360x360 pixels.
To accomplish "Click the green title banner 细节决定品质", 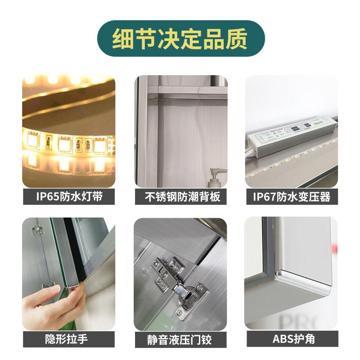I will (180, 38).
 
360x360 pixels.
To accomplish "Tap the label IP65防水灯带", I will (68, 197).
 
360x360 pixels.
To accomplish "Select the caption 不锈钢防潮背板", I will (180, 197).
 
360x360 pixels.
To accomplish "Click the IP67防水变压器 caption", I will (291, 197).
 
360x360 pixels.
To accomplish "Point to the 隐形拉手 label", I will (68, 339).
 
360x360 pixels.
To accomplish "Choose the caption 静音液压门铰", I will (180, 339).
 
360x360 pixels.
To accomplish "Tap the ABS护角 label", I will (291, 339).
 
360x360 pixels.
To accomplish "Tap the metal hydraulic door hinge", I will (180, 283).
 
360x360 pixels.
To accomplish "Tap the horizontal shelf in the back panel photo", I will (180, 94).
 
